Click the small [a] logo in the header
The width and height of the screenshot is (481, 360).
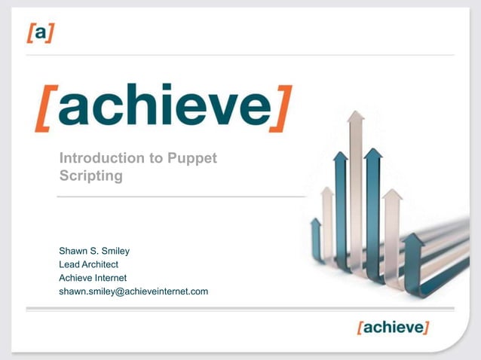click(40, 33)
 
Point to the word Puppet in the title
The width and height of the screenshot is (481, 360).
click(191, 158)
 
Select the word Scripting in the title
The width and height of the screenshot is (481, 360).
click(90, 175)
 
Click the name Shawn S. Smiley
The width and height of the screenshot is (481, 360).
click(94, 251)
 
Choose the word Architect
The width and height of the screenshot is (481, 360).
click(101, 264)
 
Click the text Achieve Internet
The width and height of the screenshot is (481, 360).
click(93, 278)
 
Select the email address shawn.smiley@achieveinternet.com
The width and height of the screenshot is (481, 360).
click(133, 291)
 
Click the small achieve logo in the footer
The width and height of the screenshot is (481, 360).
click(393, 328)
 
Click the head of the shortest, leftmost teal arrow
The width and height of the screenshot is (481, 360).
click(316, 223)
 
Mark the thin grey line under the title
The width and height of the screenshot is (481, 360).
click(181, 197)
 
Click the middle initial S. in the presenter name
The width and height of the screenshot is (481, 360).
click(94, 251)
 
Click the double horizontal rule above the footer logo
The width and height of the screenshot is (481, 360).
click(240, 309)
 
